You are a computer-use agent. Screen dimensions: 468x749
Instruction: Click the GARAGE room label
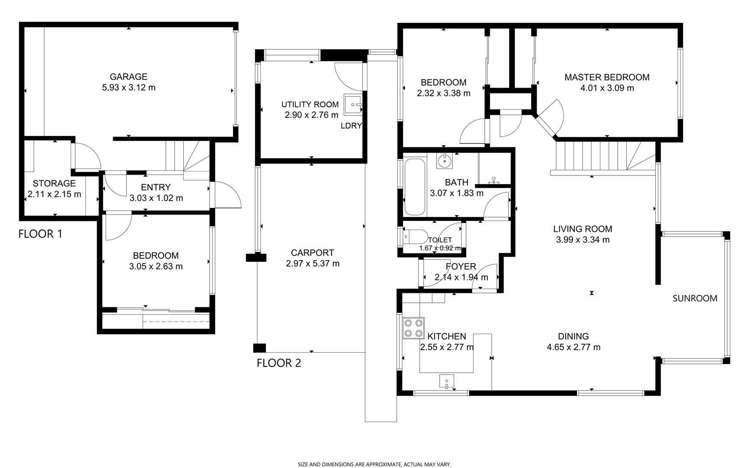pos(129,76)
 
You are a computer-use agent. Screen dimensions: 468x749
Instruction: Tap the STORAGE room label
pos(51,182)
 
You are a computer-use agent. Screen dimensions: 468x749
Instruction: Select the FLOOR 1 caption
pos(41,234)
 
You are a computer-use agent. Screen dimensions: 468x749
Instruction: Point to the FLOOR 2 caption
pos(279,363)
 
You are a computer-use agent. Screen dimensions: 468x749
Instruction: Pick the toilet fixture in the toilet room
pos(411,238)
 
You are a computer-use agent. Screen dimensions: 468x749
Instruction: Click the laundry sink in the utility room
pos(353,104)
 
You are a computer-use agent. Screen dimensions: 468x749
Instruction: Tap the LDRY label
pos(351,126)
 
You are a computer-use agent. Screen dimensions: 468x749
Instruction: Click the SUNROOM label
pos(695,298)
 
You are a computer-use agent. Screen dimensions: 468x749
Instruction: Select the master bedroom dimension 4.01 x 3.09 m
pos(606,88)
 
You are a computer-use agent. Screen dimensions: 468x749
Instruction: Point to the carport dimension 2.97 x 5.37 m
pos(312,264)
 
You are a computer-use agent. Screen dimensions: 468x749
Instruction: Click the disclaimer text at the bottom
pos(374,463)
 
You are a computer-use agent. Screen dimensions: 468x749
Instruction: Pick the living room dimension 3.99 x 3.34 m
pos(583,240)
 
